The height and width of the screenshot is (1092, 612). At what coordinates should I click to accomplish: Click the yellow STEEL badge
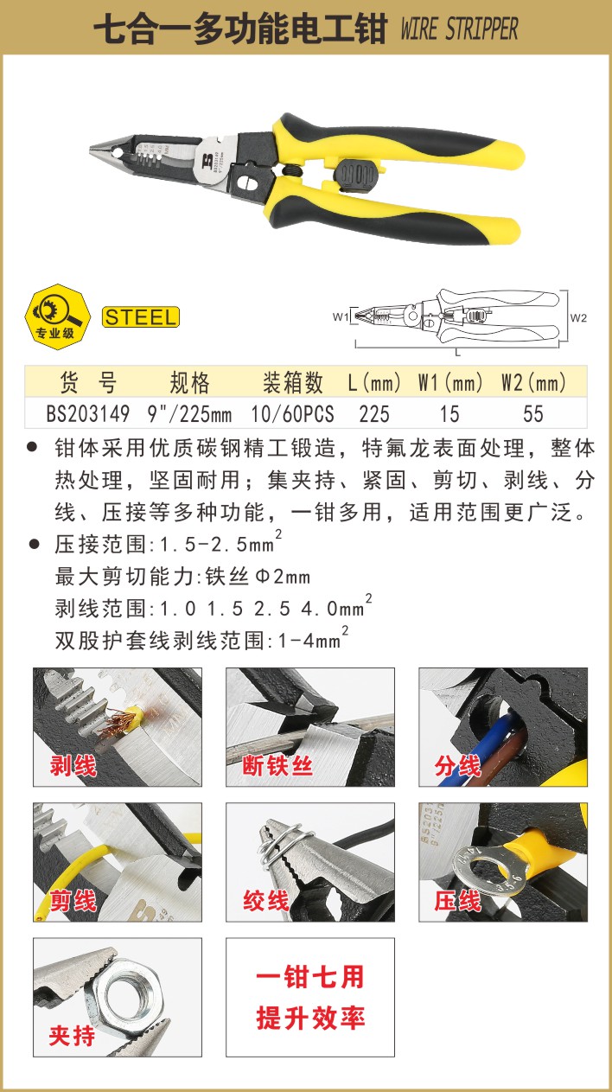click(x=140, y=317)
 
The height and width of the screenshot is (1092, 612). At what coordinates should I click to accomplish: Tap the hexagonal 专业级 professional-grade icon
click(x=58, y=316)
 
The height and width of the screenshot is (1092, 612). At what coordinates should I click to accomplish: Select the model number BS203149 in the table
click(x=88, y=414)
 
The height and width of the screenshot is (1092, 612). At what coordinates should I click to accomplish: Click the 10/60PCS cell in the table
click(x=292, y=414)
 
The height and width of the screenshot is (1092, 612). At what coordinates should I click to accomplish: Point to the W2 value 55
click(x=533, y=414)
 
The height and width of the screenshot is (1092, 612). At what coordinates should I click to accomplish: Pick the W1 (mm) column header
click(x=450, y=382)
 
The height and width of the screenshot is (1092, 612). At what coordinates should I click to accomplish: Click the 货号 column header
click(x=88, y=382)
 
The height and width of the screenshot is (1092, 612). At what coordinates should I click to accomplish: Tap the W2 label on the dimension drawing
click(x=578, y=318)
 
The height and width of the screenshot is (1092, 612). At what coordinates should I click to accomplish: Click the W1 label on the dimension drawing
click(x=341, y=316)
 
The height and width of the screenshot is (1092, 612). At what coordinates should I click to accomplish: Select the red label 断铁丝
click(x=277, y=766)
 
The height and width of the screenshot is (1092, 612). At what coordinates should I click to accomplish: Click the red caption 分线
click(x=457, y=766)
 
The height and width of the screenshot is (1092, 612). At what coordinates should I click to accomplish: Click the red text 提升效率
click(x=310, y=1018)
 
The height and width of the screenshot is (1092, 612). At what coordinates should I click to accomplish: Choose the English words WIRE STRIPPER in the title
click(x=459, y=29)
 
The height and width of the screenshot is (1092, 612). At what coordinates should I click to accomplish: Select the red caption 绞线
click(x=266, y=901)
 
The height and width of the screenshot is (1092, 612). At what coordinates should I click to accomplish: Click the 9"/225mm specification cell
click(x=189, y=414)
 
